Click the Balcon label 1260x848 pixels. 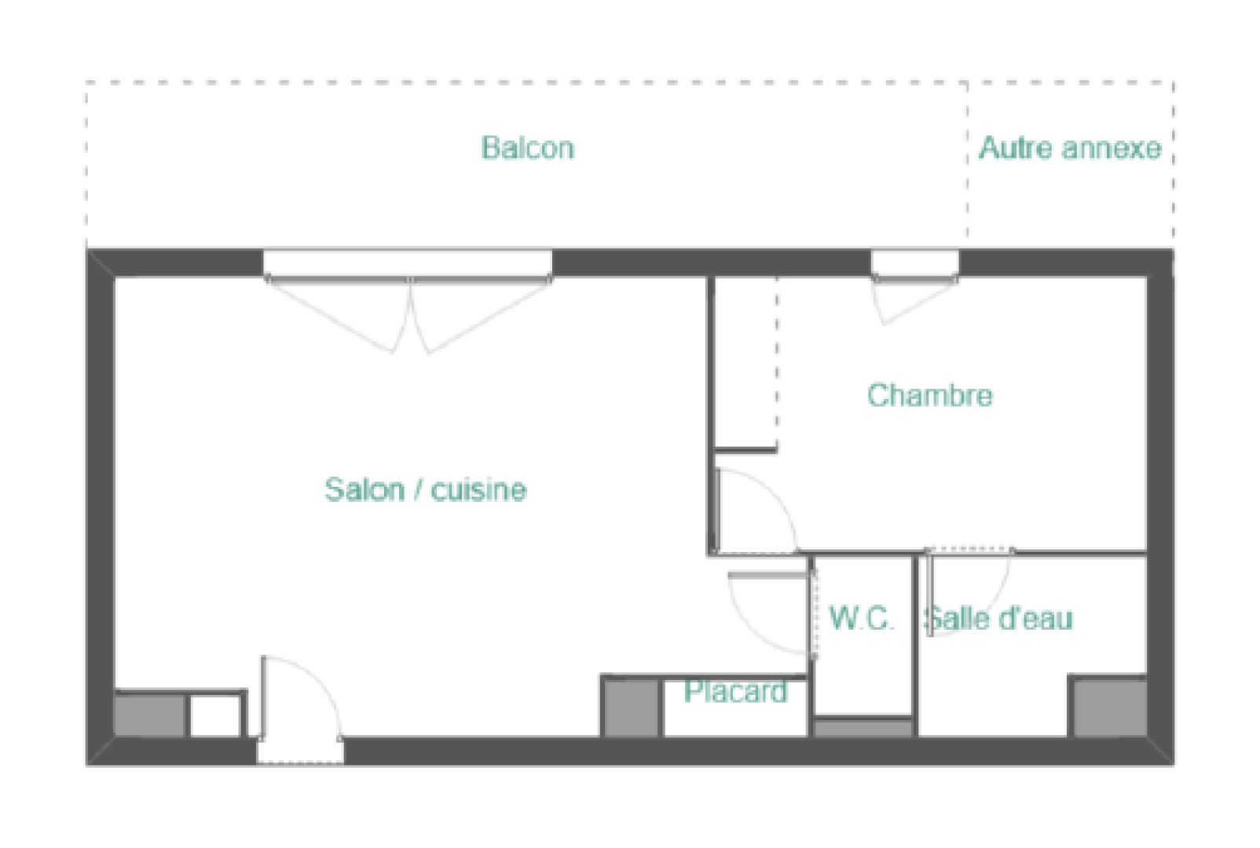tap(528, 148)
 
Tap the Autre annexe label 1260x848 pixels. tap(1070, 148)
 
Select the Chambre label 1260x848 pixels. tap(930, 395)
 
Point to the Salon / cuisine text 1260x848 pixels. tap(426, 489)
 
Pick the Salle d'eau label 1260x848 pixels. tap(999, 618)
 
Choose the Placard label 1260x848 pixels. tap(736, 691)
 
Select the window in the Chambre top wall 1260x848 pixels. tap(915, 265)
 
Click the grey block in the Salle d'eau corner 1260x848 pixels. tap(1110, 707)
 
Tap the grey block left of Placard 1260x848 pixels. tap(631, 708)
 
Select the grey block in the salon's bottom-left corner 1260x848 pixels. tap(149, 715)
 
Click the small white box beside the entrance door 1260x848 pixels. tap(215, 716)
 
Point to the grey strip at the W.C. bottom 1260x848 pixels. tap(863, 729)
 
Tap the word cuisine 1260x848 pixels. tap(479, 489)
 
